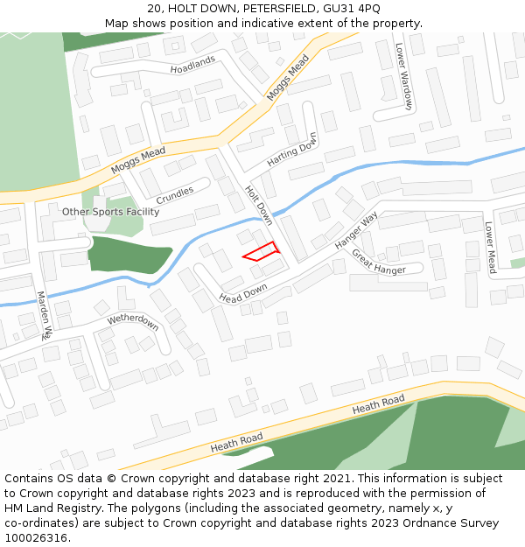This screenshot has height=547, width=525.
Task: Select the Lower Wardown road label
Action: pyautogui.click(x=403, y=77)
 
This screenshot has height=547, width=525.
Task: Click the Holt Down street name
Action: pyautogui.click(x=259, y=205)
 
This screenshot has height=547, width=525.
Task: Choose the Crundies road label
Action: pyautogui.click(x=175, y=193)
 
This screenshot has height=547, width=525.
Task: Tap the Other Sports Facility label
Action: pyautogui.click(x=110, y=212)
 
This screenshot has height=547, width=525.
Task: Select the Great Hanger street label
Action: pyautogui.click(x=379, y=262)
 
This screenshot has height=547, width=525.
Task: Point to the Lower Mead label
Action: pyautogui.click(x=491, y=248)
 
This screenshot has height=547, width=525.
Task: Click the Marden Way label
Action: pyautogui.click(x=45, y=315)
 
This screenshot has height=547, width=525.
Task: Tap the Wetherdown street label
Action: pyautogui.click(x=133, y=320)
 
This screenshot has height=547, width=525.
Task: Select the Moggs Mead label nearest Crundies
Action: pyautogui.click(x=138, y=160)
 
